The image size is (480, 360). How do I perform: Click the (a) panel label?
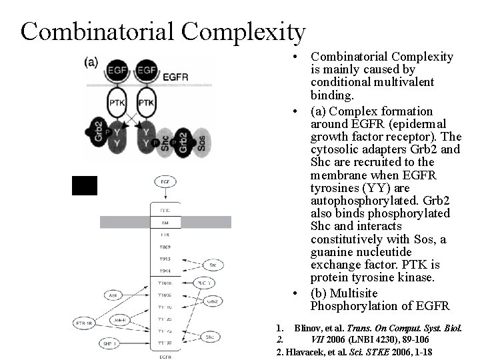click(x=91, y=63)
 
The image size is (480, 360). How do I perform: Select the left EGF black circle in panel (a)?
click(x=119, y=70)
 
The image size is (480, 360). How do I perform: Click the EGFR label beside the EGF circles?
click(x=175, y=75)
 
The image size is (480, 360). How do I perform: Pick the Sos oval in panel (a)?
click(x=202, y=142)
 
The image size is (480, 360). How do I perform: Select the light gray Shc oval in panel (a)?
click(x=165, y=142)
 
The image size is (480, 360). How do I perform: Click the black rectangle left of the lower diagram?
click(x=85, y=185)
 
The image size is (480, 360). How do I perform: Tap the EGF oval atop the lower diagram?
click(x=165, y=181)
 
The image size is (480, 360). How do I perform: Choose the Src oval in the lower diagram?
click(x=212, y=265)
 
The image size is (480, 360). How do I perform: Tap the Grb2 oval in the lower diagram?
click(x=212, y=301)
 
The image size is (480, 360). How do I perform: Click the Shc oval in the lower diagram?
click(x=211, y=337)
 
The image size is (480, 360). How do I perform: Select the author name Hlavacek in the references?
click(x=307, y=351)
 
